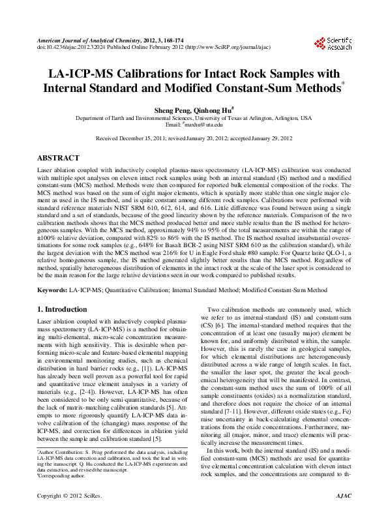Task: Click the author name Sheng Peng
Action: click(170, 111)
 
